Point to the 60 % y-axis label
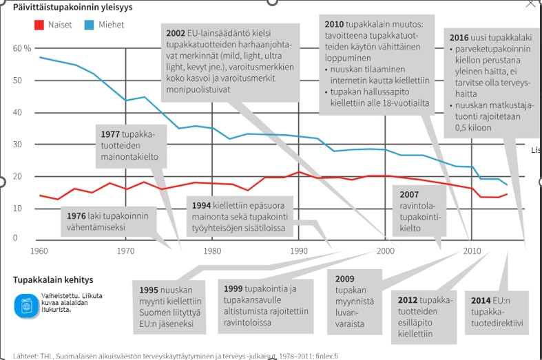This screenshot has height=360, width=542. coord(22,49)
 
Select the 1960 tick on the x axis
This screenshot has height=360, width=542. coord(40,251)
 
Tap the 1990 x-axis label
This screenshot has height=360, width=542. coord(298,251)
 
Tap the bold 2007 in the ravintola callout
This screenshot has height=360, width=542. coord(409,195)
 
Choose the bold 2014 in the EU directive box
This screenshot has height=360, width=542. coord(481,301)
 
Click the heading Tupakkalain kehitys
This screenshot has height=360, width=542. coord(53,280)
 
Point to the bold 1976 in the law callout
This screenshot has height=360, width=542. coord(77,215)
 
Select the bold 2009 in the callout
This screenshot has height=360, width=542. coord(345,279)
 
